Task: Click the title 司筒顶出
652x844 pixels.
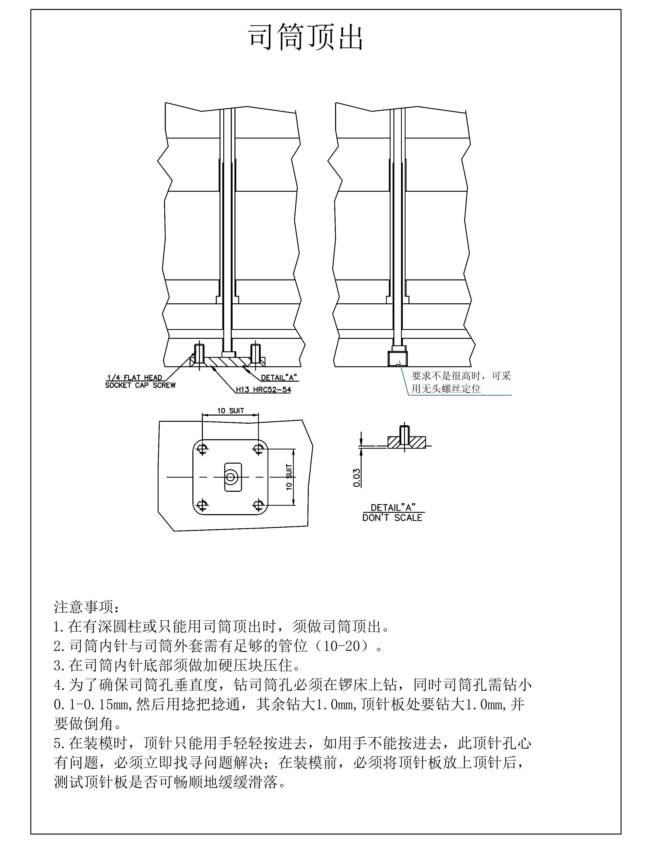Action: [x=305, y=38]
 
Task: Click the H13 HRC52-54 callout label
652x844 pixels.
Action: [x=264, y=390]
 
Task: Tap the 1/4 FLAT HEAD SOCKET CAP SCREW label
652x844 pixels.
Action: [x=140, y=381]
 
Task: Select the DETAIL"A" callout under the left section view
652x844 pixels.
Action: [x=279, y=377]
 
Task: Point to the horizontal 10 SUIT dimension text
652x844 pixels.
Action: [x=230, y=411]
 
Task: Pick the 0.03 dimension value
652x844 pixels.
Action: [x=357, y=478]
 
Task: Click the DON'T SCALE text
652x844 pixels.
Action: [x=392, y=518]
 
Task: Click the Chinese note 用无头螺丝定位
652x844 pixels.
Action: [x=446, y=389]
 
